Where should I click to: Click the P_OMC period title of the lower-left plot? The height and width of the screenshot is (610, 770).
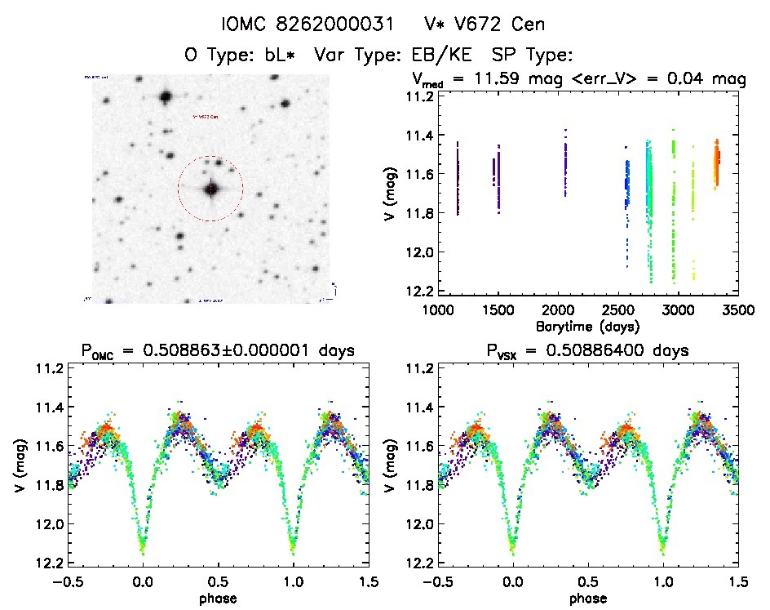(x=217, y=351)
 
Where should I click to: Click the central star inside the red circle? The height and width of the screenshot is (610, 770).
(x=211, y=189)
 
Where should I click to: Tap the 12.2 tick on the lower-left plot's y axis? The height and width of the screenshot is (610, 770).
(x=44, y=563)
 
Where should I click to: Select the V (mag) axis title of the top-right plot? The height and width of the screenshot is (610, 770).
(x=395, y=193)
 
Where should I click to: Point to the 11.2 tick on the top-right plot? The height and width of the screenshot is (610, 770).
(x=416, y=96)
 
